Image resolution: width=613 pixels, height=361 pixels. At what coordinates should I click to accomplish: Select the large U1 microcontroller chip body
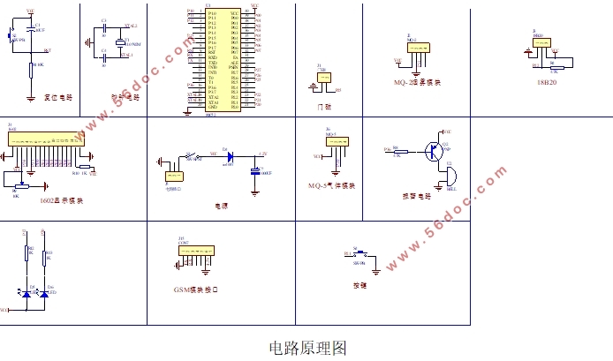[x=222, y=60]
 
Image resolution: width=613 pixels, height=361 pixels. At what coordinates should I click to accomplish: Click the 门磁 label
[x=323, y=106]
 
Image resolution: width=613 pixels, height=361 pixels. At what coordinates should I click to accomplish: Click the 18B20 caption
[x=548, y=81]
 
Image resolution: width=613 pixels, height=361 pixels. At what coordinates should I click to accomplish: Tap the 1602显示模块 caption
[x=61, y=200]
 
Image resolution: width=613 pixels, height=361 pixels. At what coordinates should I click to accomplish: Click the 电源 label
[x=222, y=205]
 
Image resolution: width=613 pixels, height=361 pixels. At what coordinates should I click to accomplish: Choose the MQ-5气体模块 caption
[x=332, y=186]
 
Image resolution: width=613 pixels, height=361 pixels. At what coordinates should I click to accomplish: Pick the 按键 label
[x=360, y=285]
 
